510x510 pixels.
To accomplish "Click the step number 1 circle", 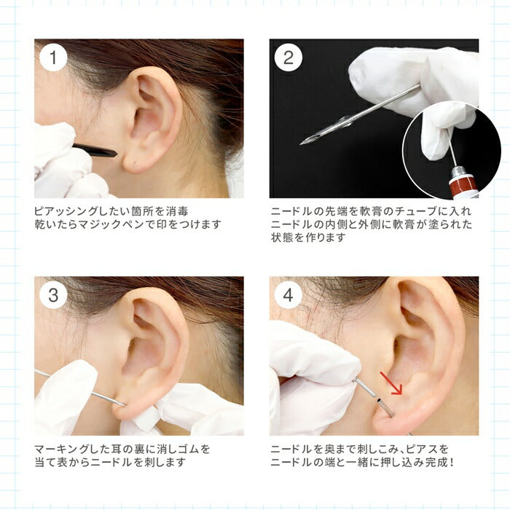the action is tap(53, 58).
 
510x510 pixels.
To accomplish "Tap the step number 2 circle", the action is tap(289, 58).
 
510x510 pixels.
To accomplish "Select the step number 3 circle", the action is tap(53, 294).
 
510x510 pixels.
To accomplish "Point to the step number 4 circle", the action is tap(289, 294).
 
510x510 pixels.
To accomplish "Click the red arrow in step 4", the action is tap(392, 383).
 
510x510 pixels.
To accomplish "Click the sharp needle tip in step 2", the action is tap(300, 143).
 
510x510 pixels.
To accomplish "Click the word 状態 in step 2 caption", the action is tap(282, 238).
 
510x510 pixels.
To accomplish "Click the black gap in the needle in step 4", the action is tap(379, 400).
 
